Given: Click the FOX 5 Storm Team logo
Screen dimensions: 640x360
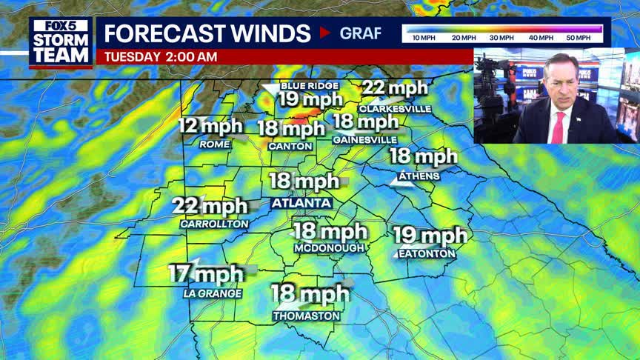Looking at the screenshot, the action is (x=61, y=41).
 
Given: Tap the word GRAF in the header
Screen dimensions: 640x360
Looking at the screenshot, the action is (x=361, y=33).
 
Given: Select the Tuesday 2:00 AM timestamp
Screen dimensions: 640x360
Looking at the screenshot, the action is (x=161, y=56).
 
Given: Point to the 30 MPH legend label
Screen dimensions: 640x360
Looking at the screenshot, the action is (x=501, y=37).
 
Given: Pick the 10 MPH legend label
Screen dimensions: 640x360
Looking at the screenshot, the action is (x=423, y=37).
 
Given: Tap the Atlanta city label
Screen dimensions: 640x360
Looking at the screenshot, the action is (x=301, y=202).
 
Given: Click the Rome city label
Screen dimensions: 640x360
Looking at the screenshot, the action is (x=215, y=144).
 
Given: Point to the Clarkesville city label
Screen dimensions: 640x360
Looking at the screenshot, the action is (x=395, y=108).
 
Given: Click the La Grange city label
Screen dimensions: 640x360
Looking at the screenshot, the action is (x=213, y=293).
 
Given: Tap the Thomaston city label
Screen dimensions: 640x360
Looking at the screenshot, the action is (x=306, y=316).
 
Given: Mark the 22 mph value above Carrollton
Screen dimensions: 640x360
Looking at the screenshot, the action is (x=210, y=206).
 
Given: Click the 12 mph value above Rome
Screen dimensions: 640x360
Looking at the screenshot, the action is (x=210, y=126).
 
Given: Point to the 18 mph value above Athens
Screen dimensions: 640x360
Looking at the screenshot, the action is (x=424, y=156).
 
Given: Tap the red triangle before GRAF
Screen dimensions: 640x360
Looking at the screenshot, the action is (x=324, y=33).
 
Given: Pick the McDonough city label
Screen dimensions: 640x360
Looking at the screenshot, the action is (x=329, y=247).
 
